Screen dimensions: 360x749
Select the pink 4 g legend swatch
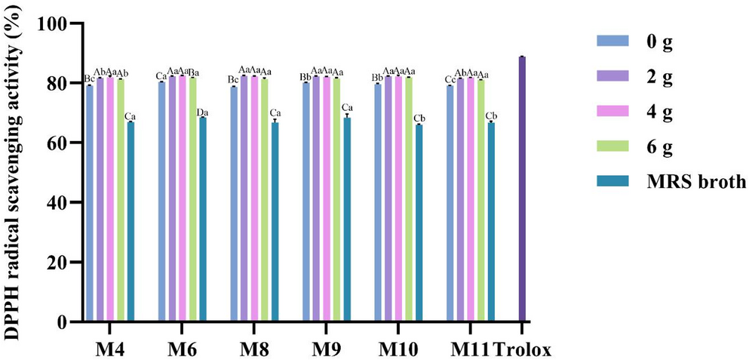(608, 113)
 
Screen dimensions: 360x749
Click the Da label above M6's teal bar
(202, 112)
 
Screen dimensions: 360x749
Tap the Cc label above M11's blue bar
(450, 80)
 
